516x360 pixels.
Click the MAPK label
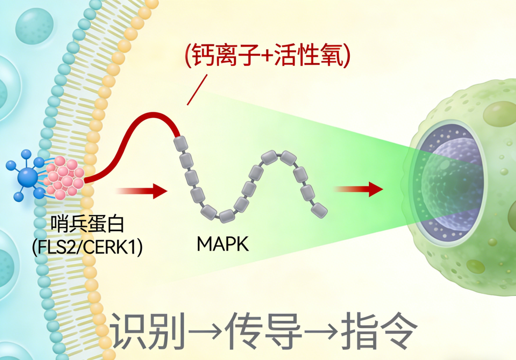click(223, 244)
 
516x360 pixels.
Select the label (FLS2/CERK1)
click(87, 248)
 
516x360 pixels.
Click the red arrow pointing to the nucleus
click(359, 189)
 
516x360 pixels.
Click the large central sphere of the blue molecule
click(28, 177)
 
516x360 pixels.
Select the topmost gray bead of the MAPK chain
click(181, 142)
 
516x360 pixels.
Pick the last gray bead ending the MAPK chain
click(320, 209)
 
